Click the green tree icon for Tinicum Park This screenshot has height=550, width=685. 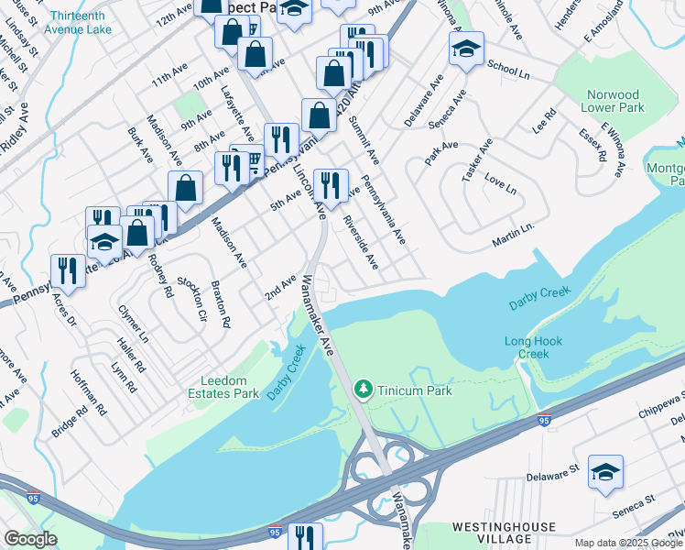click(x=364, y=390)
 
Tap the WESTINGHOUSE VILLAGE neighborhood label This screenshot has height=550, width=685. click(x=504, y=533)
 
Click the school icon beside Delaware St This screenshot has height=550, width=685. click(x=605, y=472)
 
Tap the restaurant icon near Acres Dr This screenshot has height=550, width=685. click(x=68, y=269)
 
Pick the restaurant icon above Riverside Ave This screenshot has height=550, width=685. click(x=331, y=185)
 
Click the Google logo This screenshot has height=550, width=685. click(x=30, y=539)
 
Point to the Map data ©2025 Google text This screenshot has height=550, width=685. click(x=628, y=543)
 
